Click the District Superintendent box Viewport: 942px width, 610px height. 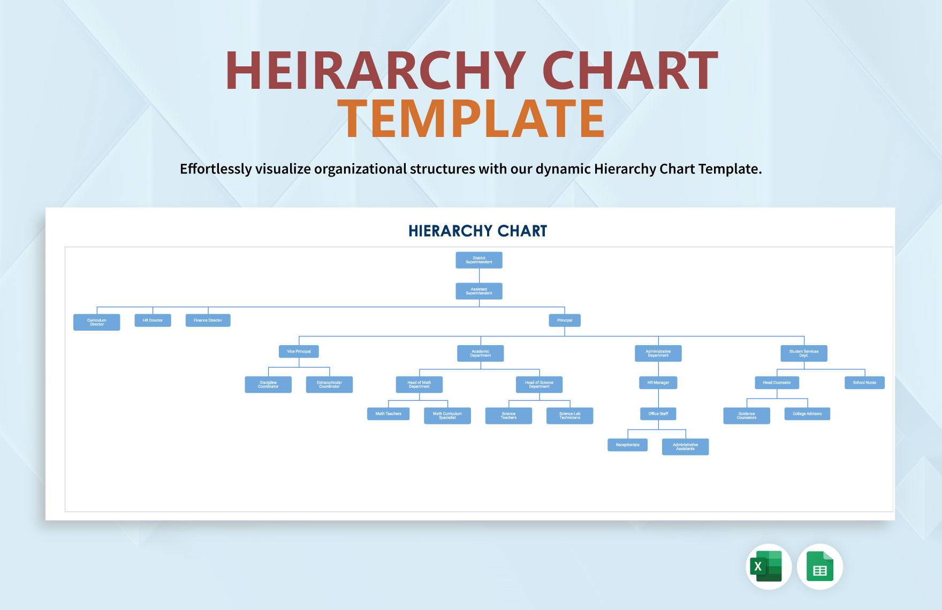tap(478, 260)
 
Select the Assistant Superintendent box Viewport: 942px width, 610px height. tap(478, 291)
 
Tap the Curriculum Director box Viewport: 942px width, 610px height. tap(96, 322)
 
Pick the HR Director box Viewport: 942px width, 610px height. tap(153, 321)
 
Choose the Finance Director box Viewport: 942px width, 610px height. tap(208, 321)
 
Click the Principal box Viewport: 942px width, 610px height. tap(565, 321)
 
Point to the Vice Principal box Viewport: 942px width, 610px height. tap(299, 352)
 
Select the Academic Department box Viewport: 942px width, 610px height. tap(480, 353)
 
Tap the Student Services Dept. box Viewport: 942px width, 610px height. tap(803, 353)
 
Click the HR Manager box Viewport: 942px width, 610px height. tap(658, 383)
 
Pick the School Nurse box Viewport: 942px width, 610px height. tap(864, 383)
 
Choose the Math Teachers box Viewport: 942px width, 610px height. tap(388, 414)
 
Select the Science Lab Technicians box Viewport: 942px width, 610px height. tap(569, 416)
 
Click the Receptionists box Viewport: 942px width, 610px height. tap(627, 445)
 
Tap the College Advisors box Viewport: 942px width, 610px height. tap(807, 414)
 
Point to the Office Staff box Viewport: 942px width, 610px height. tap(658, 414)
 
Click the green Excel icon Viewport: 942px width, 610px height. tap(768, 567)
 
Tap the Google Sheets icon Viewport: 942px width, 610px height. tap(819, 567)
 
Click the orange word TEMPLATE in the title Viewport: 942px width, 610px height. tap(471, 119)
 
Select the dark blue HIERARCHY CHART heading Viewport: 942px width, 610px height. tap(477, 231)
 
